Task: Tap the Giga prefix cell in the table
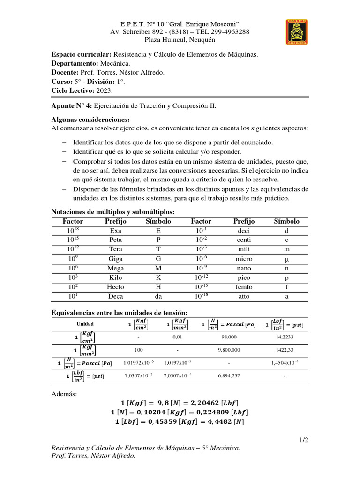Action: point(115,259)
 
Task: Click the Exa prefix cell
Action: point(115,231)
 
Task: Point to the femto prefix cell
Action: point(244,287)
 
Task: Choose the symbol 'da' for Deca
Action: point(158,296)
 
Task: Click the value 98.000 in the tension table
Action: point(229,337)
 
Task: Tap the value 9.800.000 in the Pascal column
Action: point(229,349)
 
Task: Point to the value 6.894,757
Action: point(229,376)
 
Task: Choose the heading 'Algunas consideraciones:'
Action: point(90,120)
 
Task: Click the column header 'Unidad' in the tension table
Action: point(85,324)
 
